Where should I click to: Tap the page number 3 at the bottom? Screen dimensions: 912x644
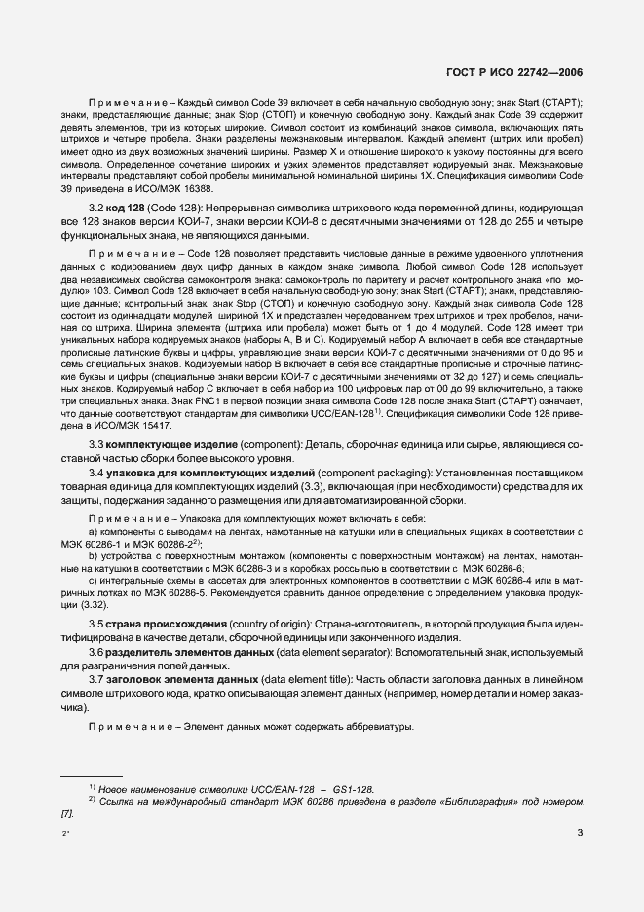click(x=579, y=833)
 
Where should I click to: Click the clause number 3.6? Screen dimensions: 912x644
click(x=98, y=651)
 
